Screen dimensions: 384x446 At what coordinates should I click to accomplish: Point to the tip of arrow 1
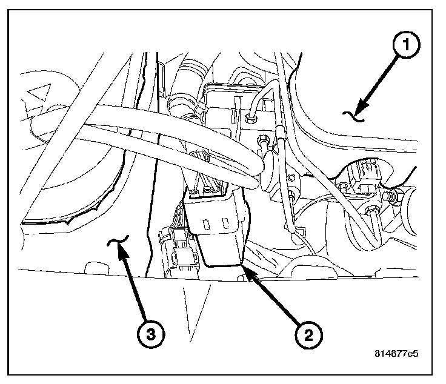(x=358, y=110)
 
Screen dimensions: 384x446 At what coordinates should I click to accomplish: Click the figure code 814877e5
(x=402, y=352)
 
